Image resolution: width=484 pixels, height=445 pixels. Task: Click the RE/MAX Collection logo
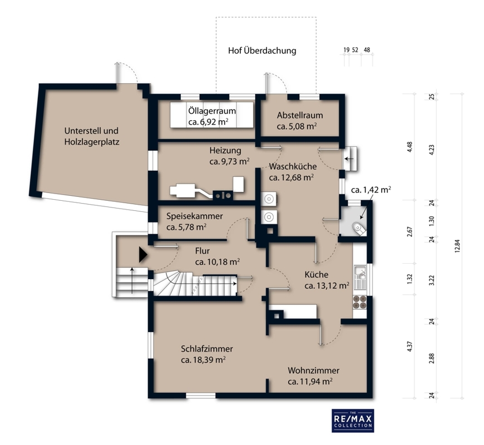pos(353,421)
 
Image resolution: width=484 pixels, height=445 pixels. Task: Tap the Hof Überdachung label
pos(262,51)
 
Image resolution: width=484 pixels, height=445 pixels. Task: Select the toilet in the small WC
pos(359,228)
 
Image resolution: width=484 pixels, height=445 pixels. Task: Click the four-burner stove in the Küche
pos(359,302)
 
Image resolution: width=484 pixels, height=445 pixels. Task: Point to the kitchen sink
pos(359,277)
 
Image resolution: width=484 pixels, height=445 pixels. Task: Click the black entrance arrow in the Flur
pos(143,255)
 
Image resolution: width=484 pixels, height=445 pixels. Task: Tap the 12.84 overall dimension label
pos(457,246)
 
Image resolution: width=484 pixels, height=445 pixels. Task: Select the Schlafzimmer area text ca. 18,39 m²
pos(203,360)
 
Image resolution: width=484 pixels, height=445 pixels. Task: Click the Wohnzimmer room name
pos(314,370)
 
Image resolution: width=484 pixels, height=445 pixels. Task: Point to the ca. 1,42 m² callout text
pos(371,190)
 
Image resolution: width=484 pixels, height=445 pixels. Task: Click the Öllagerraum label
pos(212,111)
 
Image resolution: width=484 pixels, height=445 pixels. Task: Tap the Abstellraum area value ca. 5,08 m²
pos(297,126)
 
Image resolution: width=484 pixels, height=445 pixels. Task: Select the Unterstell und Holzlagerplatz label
pos(92,136)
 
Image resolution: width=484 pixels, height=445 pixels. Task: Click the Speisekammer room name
pos(195,216)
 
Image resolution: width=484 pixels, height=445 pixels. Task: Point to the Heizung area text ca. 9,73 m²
pos(230,161)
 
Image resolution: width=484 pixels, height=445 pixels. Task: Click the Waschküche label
pos(293,166)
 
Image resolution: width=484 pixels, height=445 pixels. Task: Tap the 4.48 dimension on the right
pos(409,147)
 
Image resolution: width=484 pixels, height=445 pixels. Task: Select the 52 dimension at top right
pos(355,50)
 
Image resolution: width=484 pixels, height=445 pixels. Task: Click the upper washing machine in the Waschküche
pos(269,199)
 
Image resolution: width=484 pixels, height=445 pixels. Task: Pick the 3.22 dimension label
pos(432,280)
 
